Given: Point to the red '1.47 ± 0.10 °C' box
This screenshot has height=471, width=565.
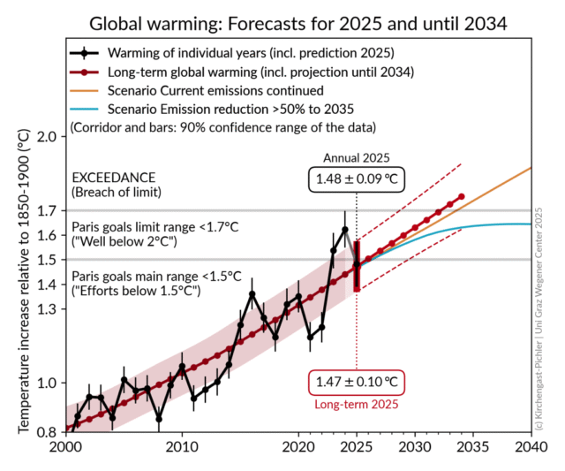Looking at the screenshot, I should coord(356,384).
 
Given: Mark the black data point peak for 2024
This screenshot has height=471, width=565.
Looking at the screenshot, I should coord(344,230).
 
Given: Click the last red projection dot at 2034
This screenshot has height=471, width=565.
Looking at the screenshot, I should coord(461,196).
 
